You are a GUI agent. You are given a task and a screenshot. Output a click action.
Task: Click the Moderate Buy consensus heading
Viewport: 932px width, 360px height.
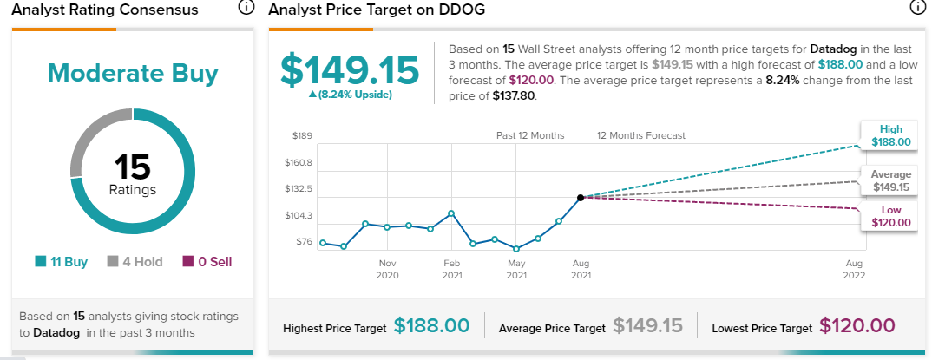[133, 73]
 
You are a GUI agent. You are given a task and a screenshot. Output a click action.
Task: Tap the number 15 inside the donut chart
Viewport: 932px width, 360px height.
[133, 167]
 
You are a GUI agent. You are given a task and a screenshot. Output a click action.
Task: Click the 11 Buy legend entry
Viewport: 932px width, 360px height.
[62, 261]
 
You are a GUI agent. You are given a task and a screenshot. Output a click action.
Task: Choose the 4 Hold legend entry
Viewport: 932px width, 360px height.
[135, 261]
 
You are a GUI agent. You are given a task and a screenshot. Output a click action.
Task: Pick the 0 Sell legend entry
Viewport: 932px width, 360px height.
[207, 261]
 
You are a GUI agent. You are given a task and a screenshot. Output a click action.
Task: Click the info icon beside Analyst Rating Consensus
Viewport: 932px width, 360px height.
[246, 8]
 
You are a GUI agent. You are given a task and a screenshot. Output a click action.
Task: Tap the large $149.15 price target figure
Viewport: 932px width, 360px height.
[350, 69]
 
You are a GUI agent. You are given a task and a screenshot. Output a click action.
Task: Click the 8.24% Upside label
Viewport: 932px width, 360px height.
[350, 95]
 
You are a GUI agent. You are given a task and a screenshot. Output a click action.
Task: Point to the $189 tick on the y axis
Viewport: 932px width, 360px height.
[302, 136]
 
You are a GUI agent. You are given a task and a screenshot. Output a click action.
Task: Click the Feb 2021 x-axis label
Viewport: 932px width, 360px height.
[452, 269]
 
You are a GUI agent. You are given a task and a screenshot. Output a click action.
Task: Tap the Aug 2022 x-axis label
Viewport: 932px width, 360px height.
[854, 269]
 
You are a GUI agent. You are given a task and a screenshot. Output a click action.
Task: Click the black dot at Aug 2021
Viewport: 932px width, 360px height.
[581, 197]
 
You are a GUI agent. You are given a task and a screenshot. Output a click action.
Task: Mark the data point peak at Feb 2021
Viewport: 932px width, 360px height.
[452, 213]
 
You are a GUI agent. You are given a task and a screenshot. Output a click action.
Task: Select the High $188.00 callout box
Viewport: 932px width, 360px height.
[891, 135]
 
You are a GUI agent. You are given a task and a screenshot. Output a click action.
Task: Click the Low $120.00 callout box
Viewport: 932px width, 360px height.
[891, 216]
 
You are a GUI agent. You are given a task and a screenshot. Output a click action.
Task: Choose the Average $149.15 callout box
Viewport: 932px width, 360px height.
[891, 180]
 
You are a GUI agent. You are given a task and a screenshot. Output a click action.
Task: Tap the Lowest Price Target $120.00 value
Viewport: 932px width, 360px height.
[857, 325]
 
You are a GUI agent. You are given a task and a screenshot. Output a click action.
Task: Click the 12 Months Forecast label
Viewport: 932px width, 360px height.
[641, 135]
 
